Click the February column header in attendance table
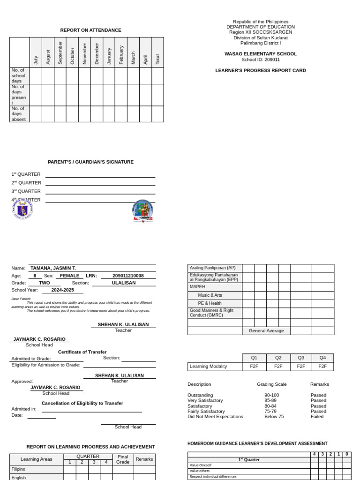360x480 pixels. point(121,54)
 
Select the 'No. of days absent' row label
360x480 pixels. point(19,114)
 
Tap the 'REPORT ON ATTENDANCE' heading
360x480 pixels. point(90,30)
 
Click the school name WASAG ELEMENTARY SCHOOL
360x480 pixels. point(261,54)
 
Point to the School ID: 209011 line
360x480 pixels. point(261,60)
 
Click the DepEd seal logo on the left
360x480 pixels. point(22,209)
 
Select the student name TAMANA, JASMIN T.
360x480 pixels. point(53,268)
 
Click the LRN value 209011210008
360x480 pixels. point(122,276)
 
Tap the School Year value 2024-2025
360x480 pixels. point(62,290)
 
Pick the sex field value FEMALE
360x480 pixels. point(67,276)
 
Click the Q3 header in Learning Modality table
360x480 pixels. point(301,357)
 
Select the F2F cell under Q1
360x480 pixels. point(254,366)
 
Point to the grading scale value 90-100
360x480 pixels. point(271,395)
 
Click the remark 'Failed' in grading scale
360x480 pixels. point(317,416)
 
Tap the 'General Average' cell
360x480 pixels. point(266,330)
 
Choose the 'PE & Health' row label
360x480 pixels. point(210,303)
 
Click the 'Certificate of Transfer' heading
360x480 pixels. point(82,352)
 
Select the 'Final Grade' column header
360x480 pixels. point(123,459)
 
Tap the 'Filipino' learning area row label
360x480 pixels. point(19,469)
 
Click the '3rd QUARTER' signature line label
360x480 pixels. point(26,191)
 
